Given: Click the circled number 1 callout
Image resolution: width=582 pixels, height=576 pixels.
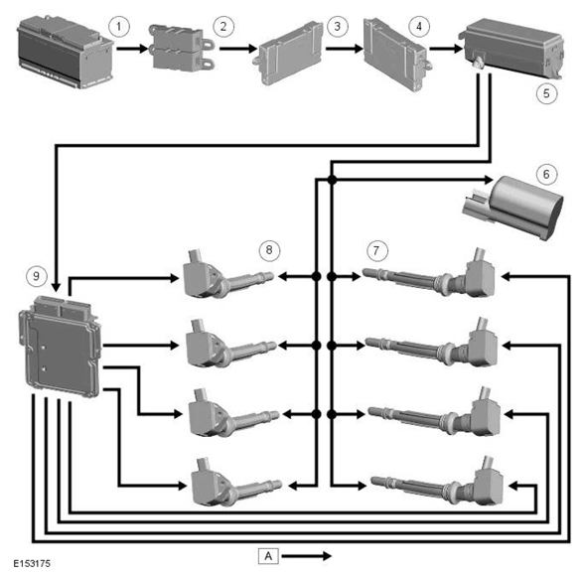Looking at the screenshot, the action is coord(119,27).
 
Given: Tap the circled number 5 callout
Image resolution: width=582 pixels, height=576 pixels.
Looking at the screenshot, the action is coord(546,93).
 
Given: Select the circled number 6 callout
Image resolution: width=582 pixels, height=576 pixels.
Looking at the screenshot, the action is coord(546,174).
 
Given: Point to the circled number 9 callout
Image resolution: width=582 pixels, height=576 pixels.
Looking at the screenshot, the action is coord(36,276).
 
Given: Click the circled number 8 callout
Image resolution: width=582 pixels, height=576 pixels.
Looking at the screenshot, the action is coord(269,250).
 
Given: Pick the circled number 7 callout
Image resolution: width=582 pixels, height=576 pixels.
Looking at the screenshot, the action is coord(376,250).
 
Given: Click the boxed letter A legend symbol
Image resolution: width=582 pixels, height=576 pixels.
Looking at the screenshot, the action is coord(268,555).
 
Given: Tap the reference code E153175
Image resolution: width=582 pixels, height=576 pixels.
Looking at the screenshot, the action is coord(32,563).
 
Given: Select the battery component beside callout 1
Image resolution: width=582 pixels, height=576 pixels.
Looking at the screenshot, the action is coord(66,52).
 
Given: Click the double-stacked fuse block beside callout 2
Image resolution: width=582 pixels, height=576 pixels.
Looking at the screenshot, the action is coord(181,48).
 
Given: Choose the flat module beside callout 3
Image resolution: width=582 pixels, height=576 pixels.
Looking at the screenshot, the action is coord(288,53).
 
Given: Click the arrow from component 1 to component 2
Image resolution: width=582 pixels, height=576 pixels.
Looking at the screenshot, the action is coord(132,49).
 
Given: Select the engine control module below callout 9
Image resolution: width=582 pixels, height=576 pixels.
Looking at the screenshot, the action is coord(61,346).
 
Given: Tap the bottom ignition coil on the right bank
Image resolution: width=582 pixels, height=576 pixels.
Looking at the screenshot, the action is coord(437,482).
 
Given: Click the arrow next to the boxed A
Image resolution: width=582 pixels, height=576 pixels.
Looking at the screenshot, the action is coord(307,555).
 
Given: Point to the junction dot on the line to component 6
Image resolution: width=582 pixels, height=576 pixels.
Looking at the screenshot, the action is coord(332,180).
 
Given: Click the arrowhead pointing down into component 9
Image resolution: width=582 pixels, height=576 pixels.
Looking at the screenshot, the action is coord(56,287).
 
